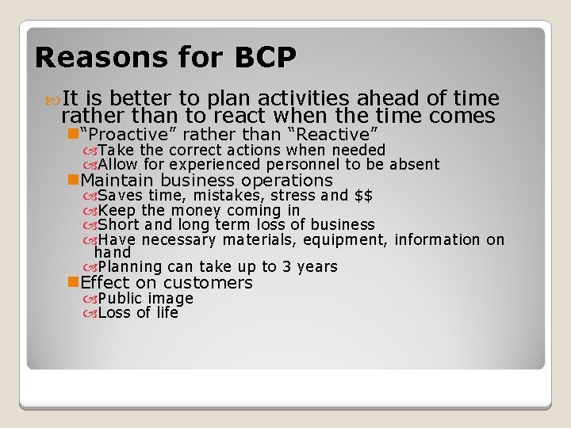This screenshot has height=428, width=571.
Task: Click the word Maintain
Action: click(122, 181)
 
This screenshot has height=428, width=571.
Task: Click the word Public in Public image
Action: click(120, 299)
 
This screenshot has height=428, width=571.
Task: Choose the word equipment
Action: click(347, 239)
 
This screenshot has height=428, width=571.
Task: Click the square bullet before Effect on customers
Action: click(75, 283)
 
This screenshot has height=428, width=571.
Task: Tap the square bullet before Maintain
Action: click(75, 181)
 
